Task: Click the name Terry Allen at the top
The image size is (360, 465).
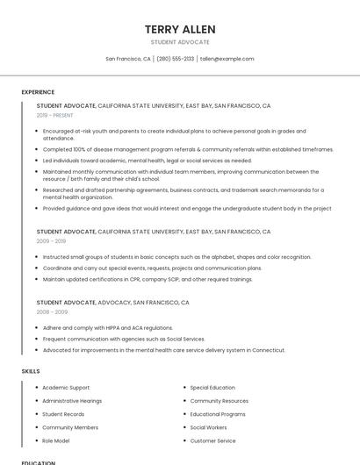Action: click(x=180, y=29)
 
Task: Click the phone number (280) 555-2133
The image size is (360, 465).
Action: click(x=175, y=59)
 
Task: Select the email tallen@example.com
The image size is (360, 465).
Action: click(x=227, y=59)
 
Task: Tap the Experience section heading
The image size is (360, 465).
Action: click(x=38, y=92)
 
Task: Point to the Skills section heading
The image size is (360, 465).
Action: click(x=31, y=371)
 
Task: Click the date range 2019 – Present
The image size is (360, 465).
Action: click(x=54, y=115)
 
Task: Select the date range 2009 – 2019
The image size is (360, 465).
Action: click(x=51, y=240)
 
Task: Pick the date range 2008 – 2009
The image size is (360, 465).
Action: click(x=51, y=311)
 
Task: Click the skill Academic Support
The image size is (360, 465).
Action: click(x=66, y=387)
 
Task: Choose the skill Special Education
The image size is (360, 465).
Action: click(x=212, y=387)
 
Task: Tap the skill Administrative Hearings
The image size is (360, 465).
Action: click(x=72, y=401)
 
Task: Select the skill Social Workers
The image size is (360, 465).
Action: click(x=208, y=427)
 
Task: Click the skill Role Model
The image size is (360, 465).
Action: click(x=55, y=440)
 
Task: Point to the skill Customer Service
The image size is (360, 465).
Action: click(x=212, y=440)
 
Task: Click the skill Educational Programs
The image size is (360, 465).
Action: click(x=218, y=414)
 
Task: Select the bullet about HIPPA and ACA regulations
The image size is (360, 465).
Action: click(x=107, y=328)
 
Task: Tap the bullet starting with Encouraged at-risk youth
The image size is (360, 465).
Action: click(x=167, y=133)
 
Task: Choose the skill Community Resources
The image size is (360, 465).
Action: click(x=219, y=401)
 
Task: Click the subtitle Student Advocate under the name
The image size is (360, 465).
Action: click(x=180, y=42)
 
